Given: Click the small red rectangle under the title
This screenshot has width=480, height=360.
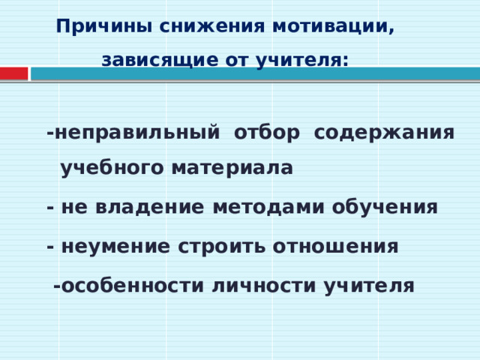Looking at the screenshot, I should click(x=13, y=73).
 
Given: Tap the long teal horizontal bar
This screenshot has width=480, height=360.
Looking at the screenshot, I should click(x=255, y=73).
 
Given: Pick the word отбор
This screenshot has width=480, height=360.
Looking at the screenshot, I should click(x=266, y=133).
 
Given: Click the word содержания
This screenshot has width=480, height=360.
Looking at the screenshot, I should click(x=384, y=133).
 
